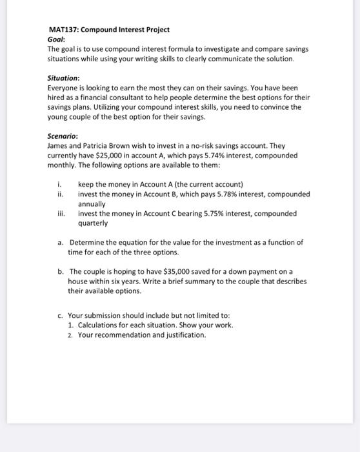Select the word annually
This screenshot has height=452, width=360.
94,203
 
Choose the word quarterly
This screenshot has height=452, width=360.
94,223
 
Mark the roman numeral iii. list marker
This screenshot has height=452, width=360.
61,213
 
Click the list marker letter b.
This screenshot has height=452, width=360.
59,271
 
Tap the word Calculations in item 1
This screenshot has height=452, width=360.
99,325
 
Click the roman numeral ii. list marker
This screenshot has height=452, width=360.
61,194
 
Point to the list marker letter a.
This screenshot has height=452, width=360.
59,242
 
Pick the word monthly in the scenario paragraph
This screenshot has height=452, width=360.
63,165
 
